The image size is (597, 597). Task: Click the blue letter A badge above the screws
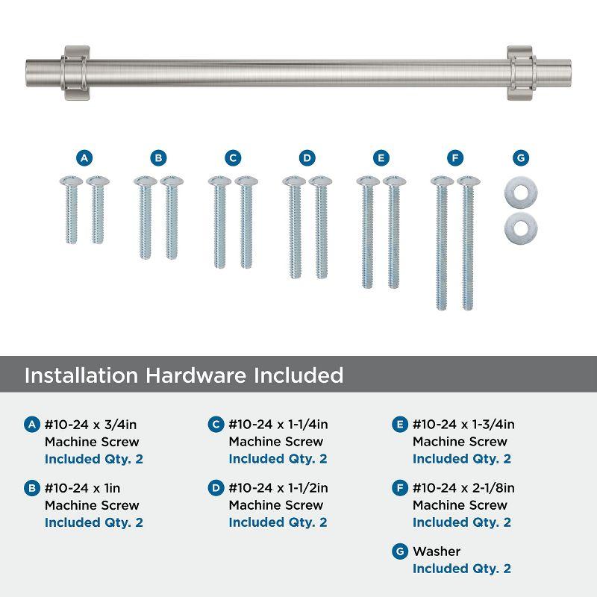point(84,157)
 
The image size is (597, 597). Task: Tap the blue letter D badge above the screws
point(307,157)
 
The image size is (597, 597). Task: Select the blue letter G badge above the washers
point(520,157)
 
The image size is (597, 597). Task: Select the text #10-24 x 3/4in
point(91,425)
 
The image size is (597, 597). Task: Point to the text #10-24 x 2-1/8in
point(463,488)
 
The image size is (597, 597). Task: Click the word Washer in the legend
point(437,551)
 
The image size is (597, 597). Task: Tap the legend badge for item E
point(400,425)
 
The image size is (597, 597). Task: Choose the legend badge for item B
point(31,488)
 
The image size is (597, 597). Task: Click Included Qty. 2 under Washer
point(462,569)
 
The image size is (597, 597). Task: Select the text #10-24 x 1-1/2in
point(278,488)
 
